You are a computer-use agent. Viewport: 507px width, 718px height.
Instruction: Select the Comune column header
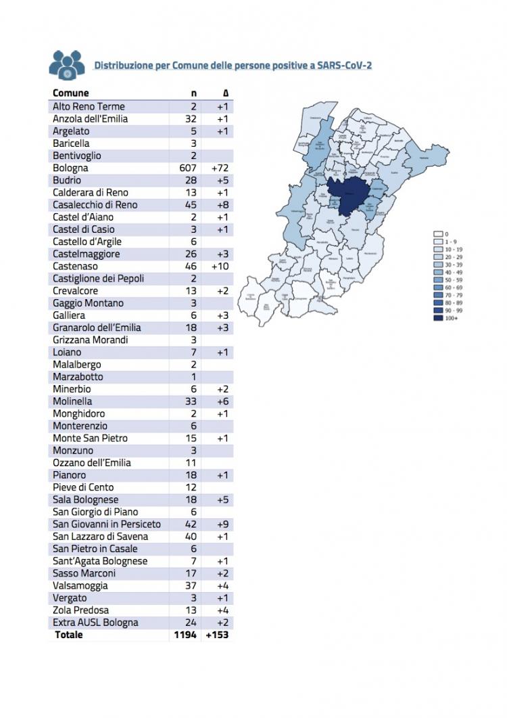[70, 93]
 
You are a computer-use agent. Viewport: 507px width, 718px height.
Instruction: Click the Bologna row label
[70, 168]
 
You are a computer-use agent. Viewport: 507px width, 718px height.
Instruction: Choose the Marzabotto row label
[78, 377]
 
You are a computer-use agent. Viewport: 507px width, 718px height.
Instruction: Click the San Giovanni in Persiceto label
[107, 524]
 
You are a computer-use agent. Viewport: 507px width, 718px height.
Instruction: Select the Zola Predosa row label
[80, 610]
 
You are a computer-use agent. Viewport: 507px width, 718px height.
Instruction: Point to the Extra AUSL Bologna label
[95, 623]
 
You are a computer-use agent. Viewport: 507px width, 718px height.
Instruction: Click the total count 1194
[185, 635]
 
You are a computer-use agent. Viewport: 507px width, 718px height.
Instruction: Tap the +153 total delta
[218, 635]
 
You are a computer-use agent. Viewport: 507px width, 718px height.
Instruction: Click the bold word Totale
[69, 635]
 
